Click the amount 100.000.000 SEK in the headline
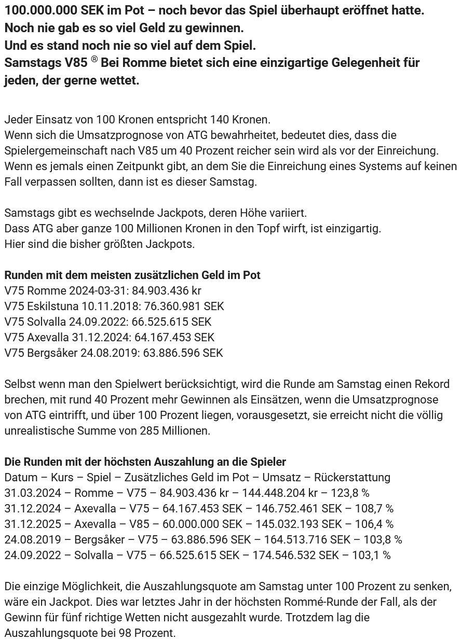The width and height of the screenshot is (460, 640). [46, 10]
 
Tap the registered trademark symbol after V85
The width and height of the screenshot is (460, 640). [94, 60]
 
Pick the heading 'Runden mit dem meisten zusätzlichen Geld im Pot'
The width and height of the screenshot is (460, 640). [132, 275]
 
